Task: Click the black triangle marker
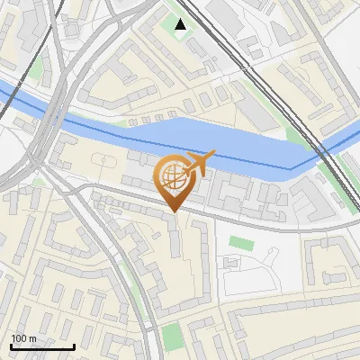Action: point(181,24)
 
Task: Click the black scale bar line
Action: point(42,346)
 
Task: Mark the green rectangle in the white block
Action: point(240,243)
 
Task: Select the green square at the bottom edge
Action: point(173,337)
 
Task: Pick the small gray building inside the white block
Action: point(231,264)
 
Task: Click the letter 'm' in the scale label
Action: point(32,338)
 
